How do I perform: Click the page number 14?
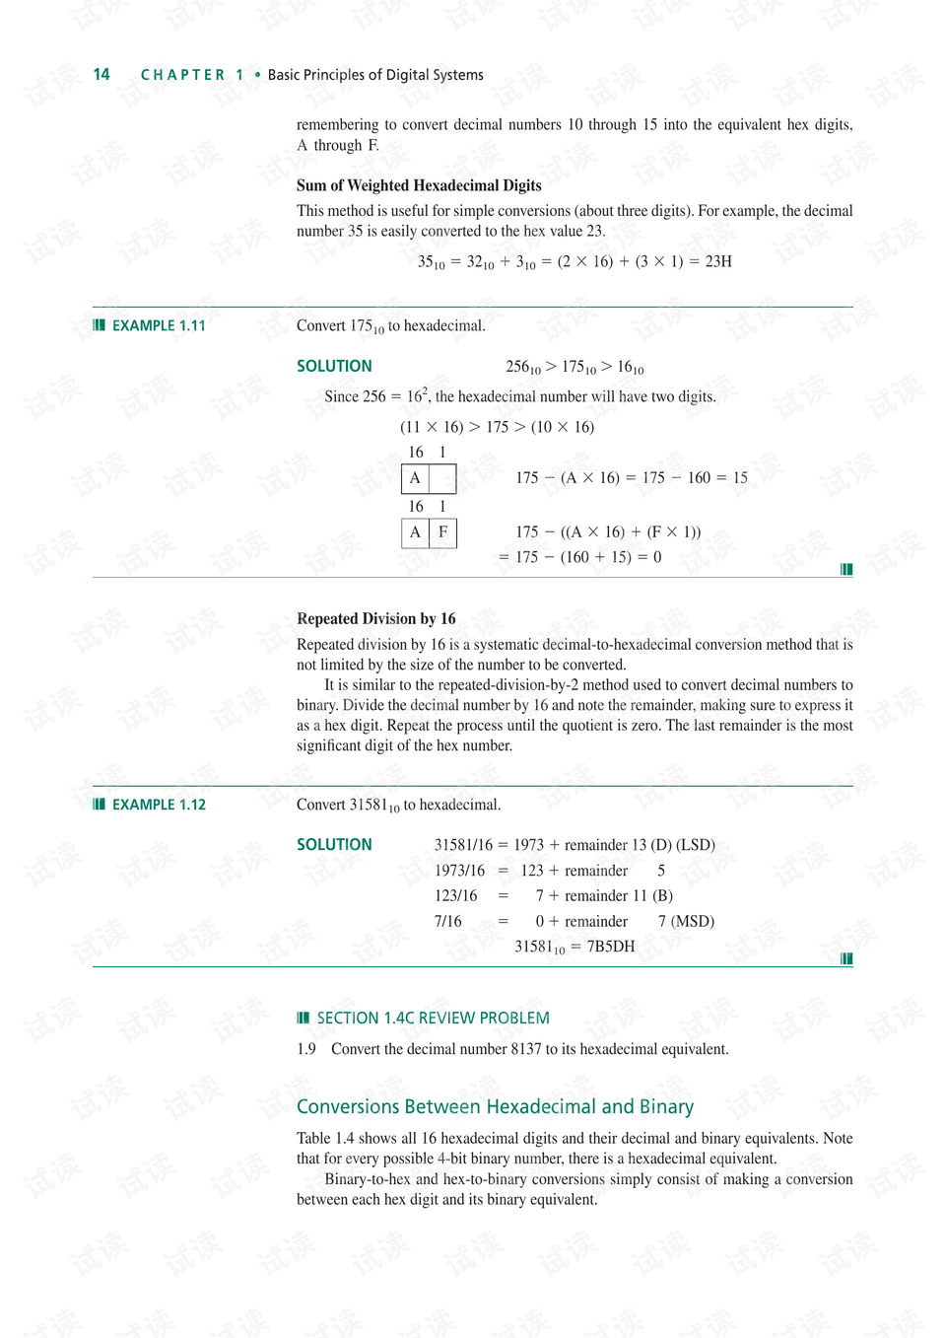pyautogui.click(x=101, y=75)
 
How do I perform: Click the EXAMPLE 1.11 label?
pyautogui.click(x=158, y=326)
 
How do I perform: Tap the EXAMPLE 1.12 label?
pyautogui.click(x=158, y=806)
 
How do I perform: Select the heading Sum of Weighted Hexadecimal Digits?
pyautogui.click(x=419, y=185)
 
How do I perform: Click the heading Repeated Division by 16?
pyautogui.click(x=375, y=619)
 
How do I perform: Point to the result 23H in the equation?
pyautogui.click(x=718, y=262)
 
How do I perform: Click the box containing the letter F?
pyautogui.click(x=443, y=532)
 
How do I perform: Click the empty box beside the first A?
pyautogui.click(x=443, y=478)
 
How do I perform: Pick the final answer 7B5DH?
pyautogui.click(x=611, y=947)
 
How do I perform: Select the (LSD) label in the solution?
pyautogui.click(x=696, y=845)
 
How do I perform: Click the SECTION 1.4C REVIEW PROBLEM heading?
pyautogui.click(x=433, y=1019)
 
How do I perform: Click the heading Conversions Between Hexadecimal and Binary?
pyautogui.click(x=495, y=1107)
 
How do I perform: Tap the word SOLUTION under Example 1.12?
pyautogui.click(x=334, y=845)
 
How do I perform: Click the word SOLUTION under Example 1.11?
pyautogui.click(x=334, y=367)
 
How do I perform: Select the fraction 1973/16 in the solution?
pyautogui.click(x=459, y=871)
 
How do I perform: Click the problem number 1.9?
pyautogui.click(x=306, y=1049)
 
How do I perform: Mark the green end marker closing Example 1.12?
pyautogui.click(x=846, y=958)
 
